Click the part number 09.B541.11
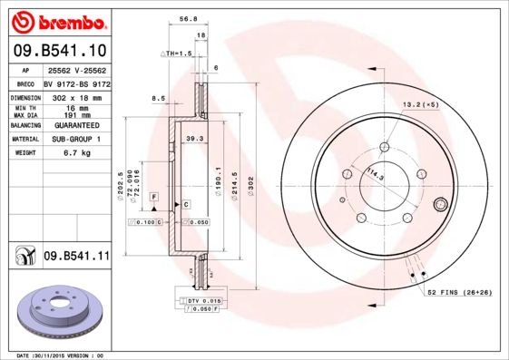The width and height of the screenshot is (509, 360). [x=76, y=257]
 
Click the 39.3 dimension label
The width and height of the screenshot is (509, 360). [x=192, y=139]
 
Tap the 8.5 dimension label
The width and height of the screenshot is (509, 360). [x=158, y=98]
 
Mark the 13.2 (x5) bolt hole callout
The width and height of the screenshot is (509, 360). [x=421, y=104]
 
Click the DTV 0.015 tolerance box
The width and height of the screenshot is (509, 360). [x=204, y=299]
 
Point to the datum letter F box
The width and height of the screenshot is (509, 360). [x=154, y=197]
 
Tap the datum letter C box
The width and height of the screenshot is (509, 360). [x=185, y=205]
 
